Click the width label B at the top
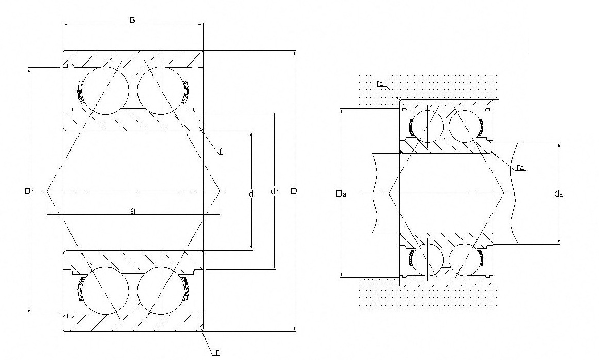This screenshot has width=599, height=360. coord(132,20)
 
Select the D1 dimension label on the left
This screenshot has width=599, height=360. coord(28,191)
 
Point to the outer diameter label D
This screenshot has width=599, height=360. coord(294,191)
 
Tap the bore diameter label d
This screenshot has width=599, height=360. coord(251,194)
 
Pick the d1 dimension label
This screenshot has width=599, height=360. coord(274,191)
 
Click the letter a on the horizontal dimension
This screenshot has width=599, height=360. coord(133,210)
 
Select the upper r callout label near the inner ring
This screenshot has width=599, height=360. coord(221,152)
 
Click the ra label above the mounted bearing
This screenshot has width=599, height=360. coord(379,83)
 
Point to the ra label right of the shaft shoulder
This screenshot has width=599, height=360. coord(520,167)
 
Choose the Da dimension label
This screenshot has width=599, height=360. coord(341,193)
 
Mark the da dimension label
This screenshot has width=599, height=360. coord(558,193)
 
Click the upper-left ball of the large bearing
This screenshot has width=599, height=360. coord(105,91)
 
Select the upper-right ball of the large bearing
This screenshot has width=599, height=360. coord(161,91)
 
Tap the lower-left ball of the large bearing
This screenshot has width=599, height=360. coord(105,291)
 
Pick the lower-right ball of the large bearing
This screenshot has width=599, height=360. coord(161,291)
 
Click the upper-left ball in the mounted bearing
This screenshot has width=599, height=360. coord(428,126)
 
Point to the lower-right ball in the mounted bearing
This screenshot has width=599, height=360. coord(465,260)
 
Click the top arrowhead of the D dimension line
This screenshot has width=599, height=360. coord(295,53)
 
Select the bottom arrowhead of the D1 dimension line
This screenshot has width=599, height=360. coord(29,311)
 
